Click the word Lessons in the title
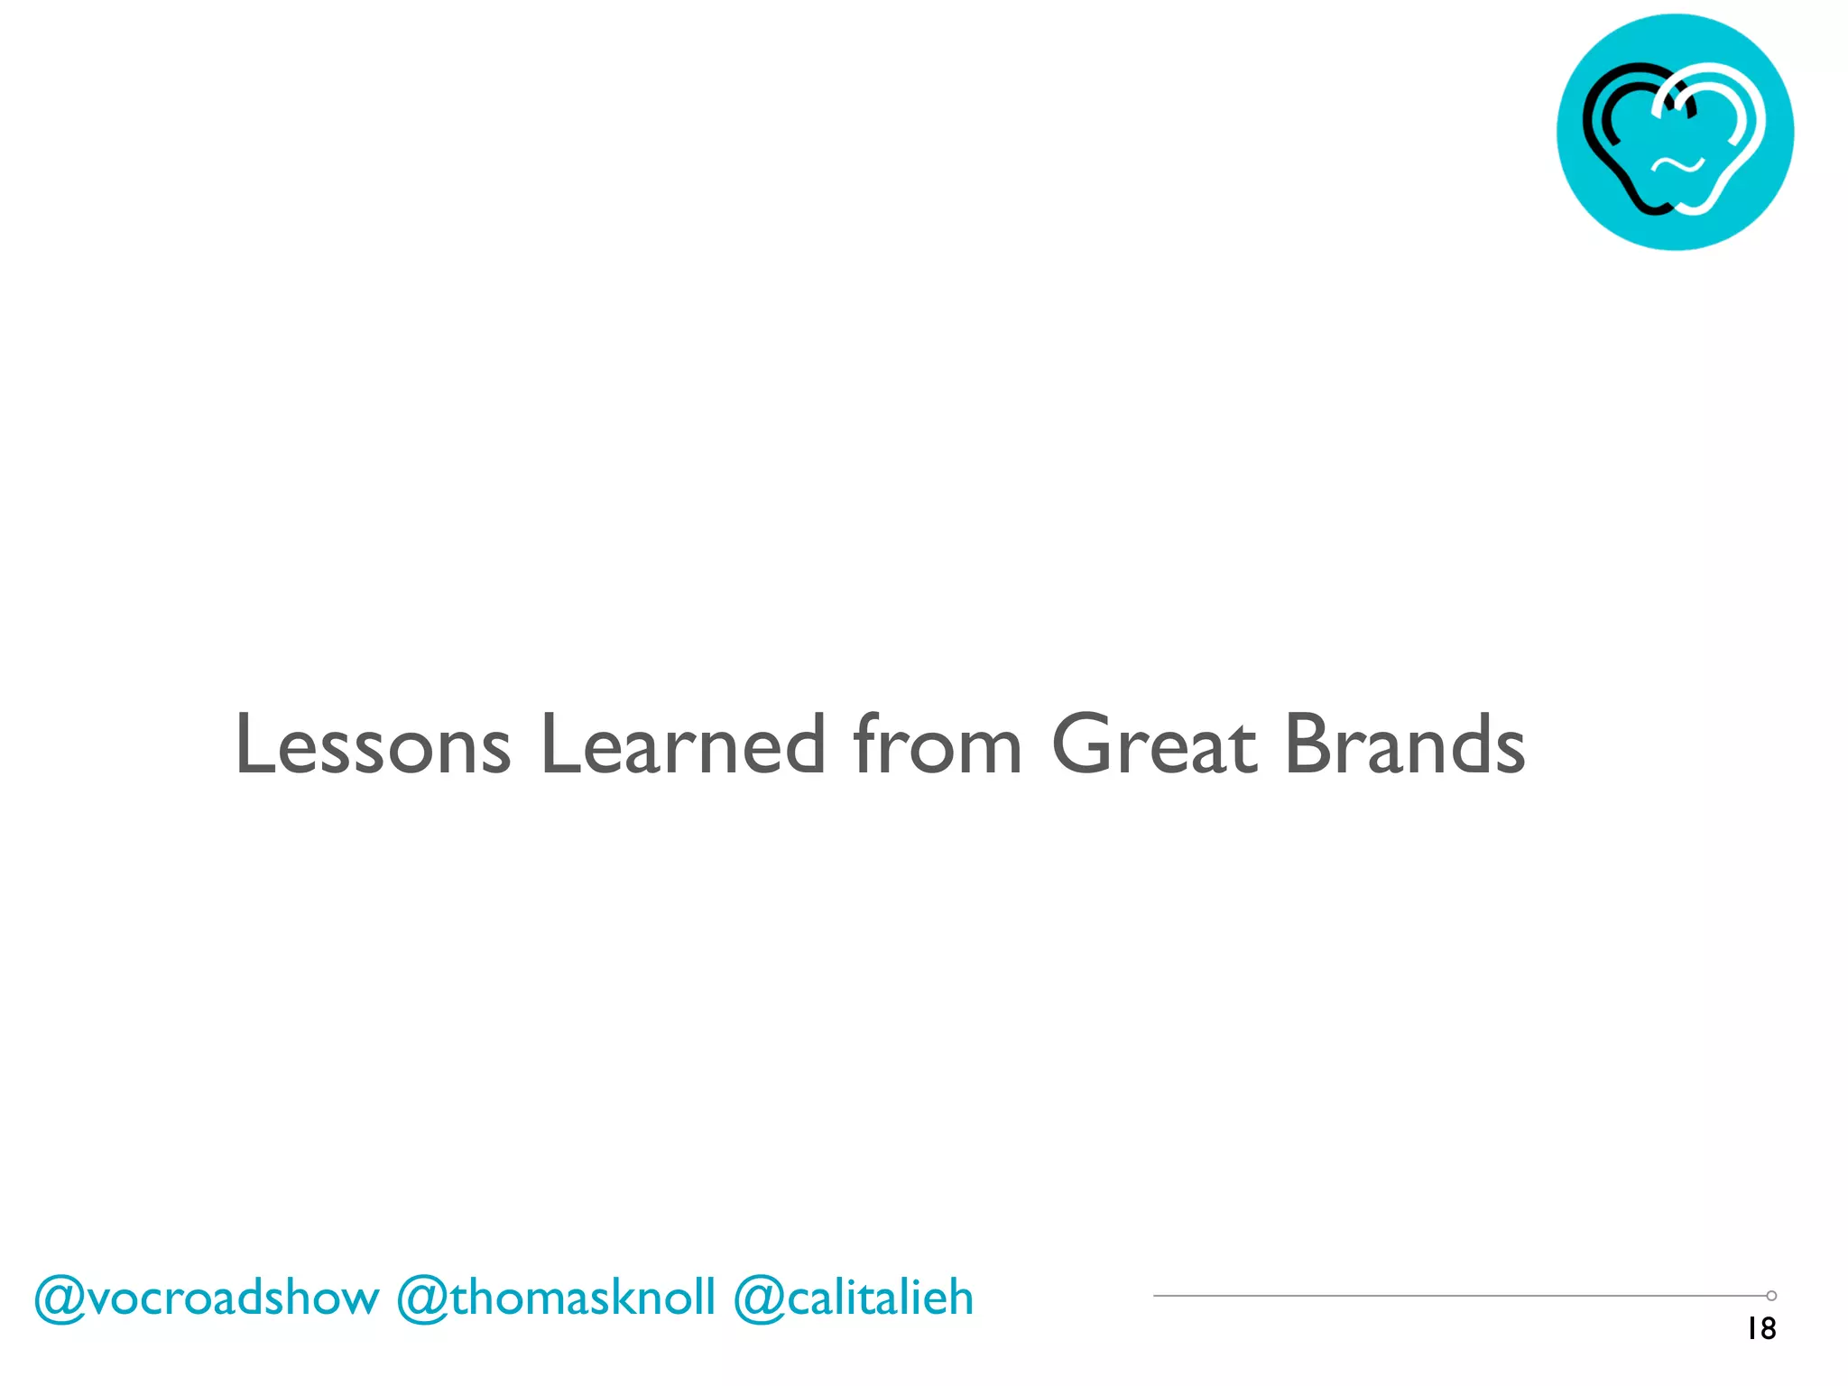point(373,744)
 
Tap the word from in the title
point(938,744)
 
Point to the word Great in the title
point(1154,744)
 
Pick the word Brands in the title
point(1404,744)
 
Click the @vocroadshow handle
point(207,1298)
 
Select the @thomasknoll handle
point(556,1298)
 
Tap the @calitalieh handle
point(854,1298)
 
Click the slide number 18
point(1760,1329)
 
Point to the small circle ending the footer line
point(1771,1296)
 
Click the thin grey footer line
point(1444,1296)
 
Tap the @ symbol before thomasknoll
point(420,1299)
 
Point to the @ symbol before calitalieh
point(758,1299)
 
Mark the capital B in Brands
point(1309,744)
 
